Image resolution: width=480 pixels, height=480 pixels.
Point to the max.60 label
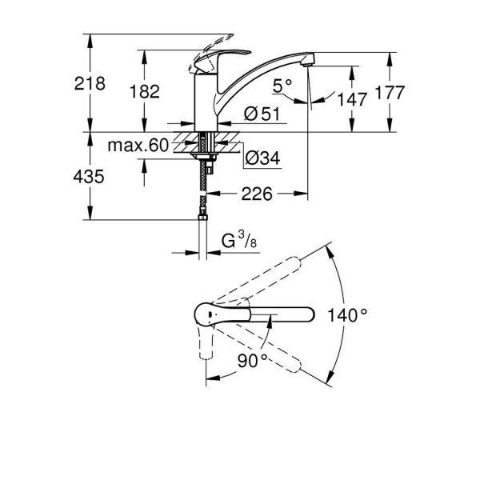pos(138,145)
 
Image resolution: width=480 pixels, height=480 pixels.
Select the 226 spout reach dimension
pos(258,194)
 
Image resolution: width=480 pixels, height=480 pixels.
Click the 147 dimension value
pos(353,99)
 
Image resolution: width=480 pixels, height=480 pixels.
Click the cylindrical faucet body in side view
pos(206,100)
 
